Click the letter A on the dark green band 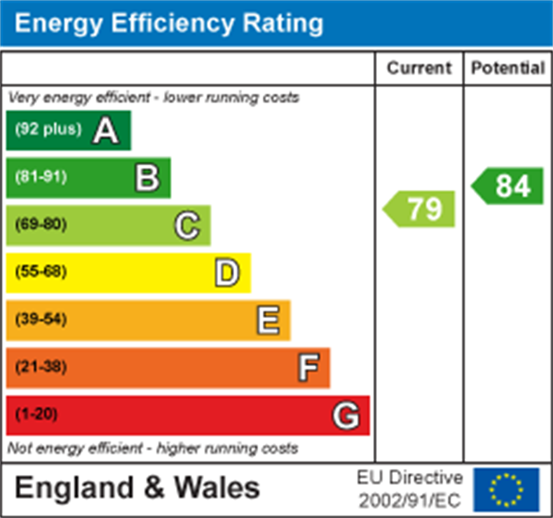pos(106,131)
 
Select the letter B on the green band pos(147,178)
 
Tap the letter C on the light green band pos(187,225)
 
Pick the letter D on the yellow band pos(227,273)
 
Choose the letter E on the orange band pos(268,320)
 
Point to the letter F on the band pos(308,368)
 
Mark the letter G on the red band pos(346,416)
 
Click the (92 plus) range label pos(48,129)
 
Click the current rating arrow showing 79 pos(420,209)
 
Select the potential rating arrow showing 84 pos(509,186)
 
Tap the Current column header pos(419,68)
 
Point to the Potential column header pos(508,68)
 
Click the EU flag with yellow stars pos(506,489)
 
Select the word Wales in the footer pos(217,488)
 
